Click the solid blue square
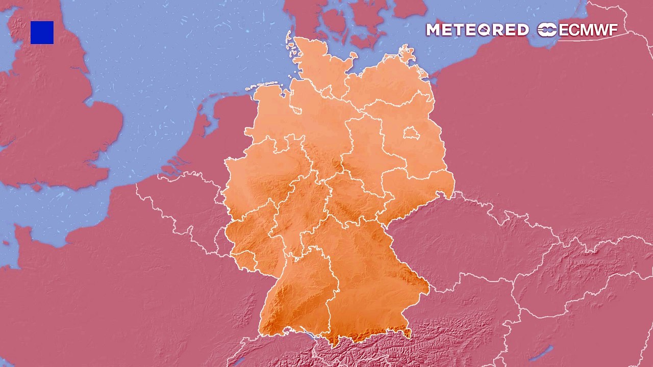[42, 33]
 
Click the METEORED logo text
[477, 30]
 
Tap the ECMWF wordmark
[588, 30]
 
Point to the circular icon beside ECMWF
[547, 30]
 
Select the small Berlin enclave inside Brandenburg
[411, 134]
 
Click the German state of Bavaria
[367, 275]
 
